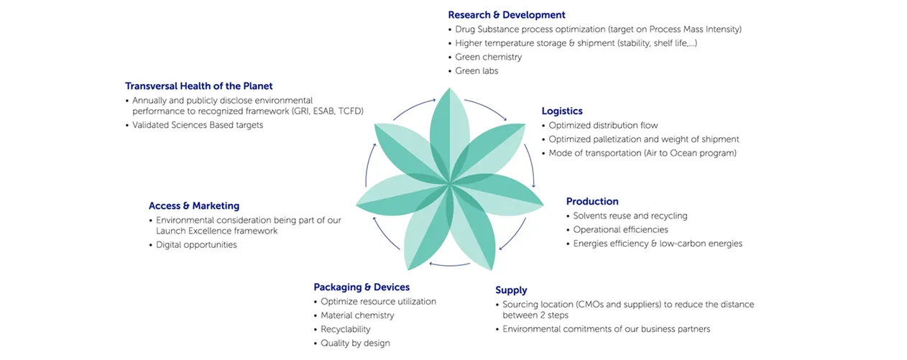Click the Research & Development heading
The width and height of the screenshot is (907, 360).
(506, 15)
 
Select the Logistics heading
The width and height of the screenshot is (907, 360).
(561, 111)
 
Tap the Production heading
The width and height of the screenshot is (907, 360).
(591, 202)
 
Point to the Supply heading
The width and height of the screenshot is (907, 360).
(511, 290)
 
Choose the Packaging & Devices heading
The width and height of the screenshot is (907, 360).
(362, 287)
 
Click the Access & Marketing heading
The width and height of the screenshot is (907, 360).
(194, 206)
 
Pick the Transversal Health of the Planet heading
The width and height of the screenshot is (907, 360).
(198, 86)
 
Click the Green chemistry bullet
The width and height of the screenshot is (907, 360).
(489, 57)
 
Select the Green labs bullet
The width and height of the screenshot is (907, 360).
(476, 71)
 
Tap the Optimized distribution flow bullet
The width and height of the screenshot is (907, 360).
(603, 126)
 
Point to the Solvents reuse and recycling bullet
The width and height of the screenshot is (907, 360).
(630, 216)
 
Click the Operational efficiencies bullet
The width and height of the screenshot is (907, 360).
(620, 230)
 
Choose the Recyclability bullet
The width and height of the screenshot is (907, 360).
(346, 329)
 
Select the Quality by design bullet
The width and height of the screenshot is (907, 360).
(355, 343)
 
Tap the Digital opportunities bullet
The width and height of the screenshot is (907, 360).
(196, 245)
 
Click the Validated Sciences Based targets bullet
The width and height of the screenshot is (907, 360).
(198, 125)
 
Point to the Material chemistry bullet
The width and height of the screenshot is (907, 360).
(357, 315)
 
